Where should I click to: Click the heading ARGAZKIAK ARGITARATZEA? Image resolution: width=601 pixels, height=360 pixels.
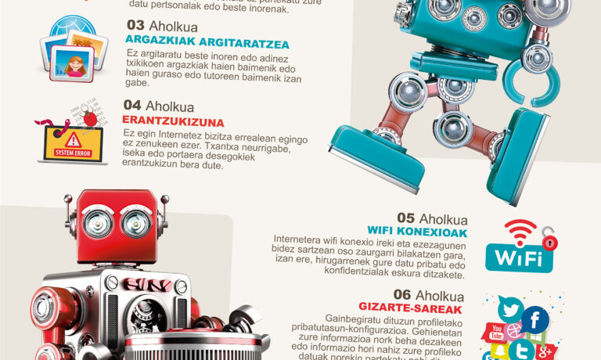[207, 42]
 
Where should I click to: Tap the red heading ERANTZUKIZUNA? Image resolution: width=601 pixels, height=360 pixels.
[173, 122]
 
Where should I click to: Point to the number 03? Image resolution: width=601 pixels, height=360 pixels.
[135, 25]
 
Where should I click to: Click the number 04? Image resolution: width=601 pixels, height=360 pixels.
[131, 106]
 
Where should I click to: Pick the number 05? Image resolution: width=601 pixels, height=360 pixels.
[405, 218]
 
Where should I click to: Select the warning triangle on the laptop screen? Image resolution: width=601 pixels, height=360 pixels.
[72, 139]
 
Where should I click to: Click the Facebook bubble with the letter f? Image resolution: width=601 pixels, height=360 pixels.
[536, 319]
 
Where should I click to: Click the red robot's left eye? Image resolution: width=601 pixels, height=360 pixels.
[97, 224]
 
